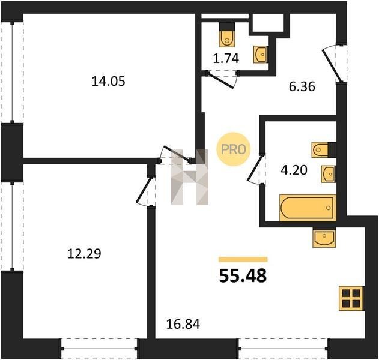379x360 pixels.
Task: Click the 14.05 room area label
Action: click(109, 82)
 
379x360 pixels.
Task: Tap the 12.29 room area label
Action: click(84, 254)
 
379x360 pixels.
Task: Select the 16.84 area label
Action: click(183, 324)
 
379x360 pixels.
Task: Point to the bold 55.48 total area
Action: click(243, 276)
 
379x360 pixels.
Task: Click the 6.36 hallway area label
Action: click(302, 86)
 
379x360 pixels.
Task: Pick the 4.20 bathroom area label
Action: click(294, 170)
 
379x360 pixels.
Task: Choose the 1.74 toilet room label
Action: click(226, 58)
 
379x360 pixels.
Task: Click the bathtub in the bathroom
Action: click(308, 208)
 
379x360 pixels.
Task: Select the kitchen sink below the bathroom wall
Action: click(324, 238)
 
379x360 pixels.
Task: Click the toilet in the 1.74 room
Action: click(227, 35)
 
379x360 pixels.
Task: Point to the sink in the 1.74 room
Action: click(261, 55)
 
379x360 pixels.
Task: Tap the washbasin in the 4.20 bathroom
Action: click(329, 174)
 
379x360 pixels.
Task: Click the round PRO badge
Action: click(233, 149)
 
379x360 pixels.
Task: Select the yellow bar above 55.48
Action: click(243, 260)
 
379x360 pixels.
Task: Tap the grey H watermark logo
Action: click(190, 177)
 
